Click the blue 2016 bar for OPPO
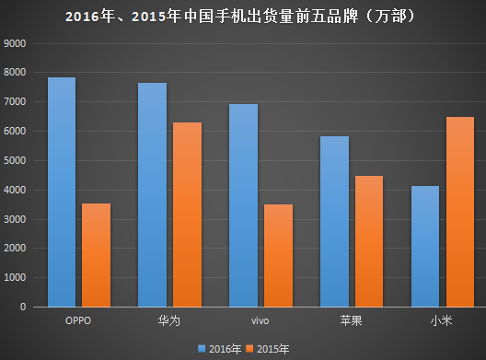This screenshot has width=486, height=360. tap(62, 192)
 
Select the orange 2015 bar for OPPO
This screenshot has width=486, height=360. tap(96, 255)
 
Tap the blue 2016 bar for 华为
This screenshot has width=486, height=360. tap(152, 194)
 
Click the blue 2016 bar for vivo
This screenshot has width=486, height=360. tap(243, 205)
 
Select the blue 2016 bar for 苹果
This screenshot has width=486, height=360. tap(334, 221)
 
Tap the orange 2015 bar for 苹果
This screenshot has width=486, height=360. tap(368, 241)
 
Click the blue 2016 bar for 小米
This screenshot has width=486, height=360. tap(425, 246)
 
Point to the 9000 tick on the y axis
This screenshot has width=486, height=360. tap(17, 43)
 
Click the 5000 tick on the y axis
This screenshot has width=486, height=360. tap(17, 160)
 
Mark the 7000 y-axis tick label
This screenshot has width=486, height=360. tap(17, 102)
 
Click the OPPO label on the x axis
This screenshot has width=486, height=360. tap(78, 320)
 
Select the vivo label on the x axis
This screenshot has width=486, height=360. tap(260, 320)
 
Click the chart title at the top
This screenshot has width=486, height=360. tap(243, 16)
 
